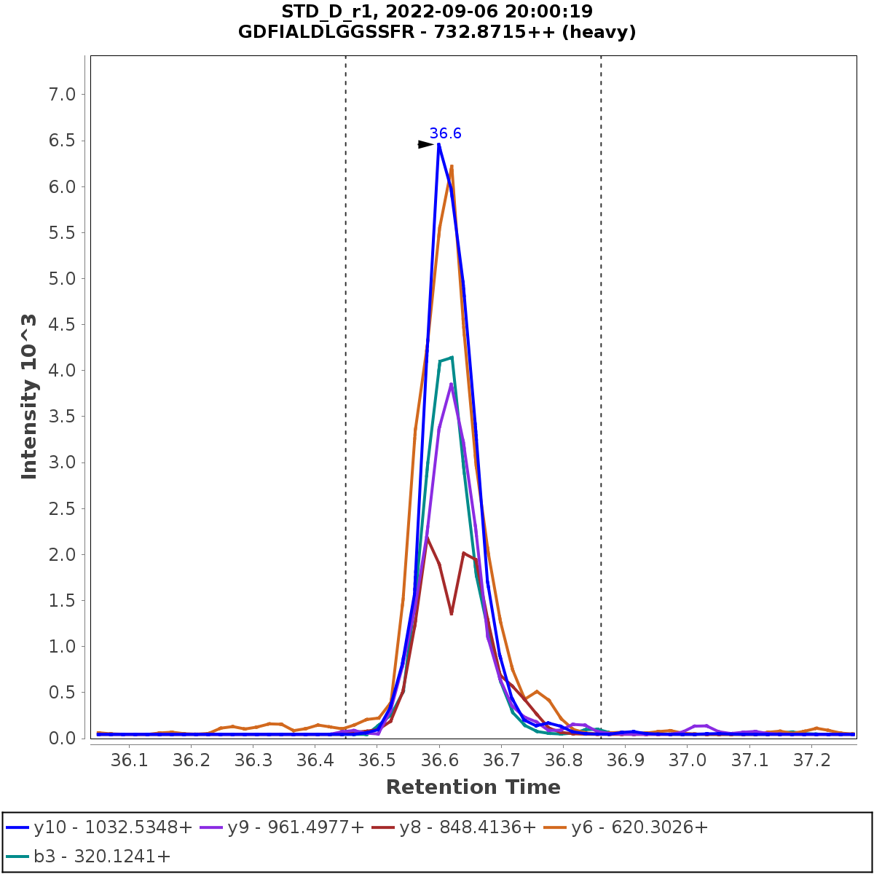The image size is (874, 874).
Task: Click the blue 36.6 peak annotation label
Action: (445, 133)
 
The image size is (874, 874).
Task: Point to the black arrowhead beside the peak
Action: (425, 144)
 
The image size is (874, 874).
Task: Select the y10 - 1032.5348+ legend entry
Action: (100, 827)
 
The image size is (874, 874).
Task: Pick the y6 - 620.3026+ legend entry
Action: (629, 827)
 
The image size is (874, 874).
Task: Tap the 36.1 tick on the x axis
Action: (129, 760)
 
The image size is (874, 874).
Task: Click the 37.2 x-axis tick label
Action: (812, 760)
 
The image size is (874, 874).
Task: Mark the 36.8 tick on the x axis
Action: (564, 760)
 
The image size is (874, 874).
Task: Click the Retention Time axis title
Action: (473, 787)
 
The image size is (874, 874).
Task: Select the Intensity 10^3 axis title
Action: (29, 396)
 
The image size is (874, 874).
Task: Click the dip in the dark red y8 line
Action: (452, 614)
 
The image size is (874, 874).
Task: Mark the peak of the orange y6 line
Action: (452, 166)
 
